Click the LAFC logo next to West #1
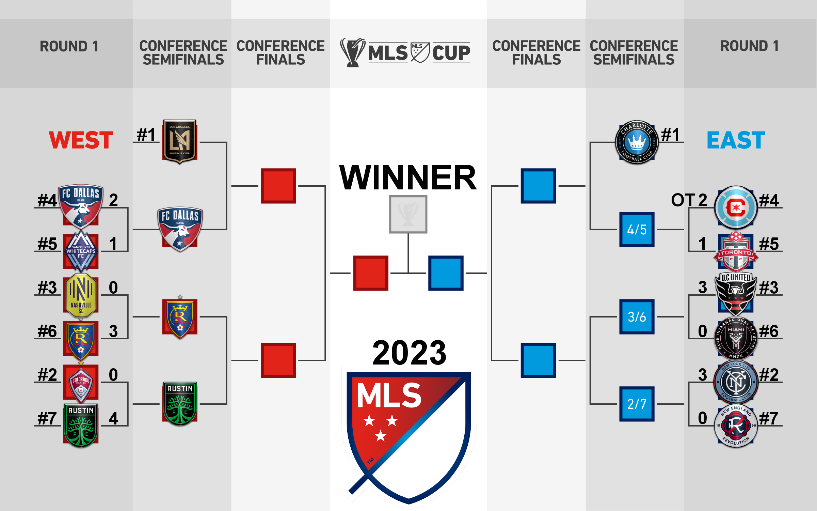coord(179,141)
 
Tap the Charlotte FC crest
coord(637,142)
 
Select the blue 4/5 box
coord(637,230)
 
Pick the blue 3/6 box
coord(637,317)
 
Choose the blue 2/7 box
coord(637,404)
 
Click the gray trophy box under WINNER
coord(408,214)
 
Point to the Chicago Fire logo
coord(736,207)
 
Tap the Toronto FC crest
coord(736,251)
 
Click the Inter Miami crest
coord(736,338)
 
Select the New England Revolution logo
coord(736,426)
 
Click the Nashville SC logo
coord(81,296)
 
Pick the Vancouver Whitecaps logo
coord(81,251)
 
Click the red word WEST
coord(81,140)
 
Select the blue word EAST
coord(736,140)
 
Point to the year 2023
coord(409,353)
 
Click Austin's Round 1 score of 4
coord(113,418)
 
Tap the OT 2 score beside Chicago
coord(689,200)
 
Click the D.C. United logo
coord(736,294)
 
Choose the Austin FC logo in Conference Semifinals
coord(180,404)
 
